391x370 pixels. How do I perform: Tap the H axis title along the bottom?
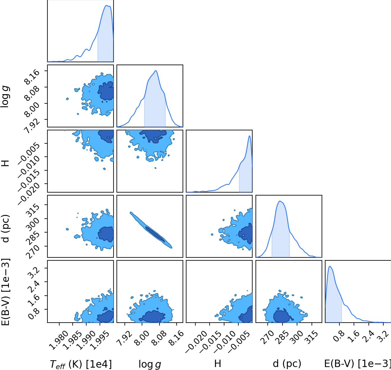click(218, 363)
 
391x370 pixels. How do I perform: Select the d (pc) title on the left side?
click(6, 228)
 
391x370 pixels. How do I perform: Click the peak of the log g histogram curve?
click(156, 71)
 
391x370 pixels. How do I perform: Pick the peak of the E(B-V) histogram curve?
click(330, 266)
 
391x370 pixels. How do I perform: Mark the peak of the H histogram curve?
click(249, 136)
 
